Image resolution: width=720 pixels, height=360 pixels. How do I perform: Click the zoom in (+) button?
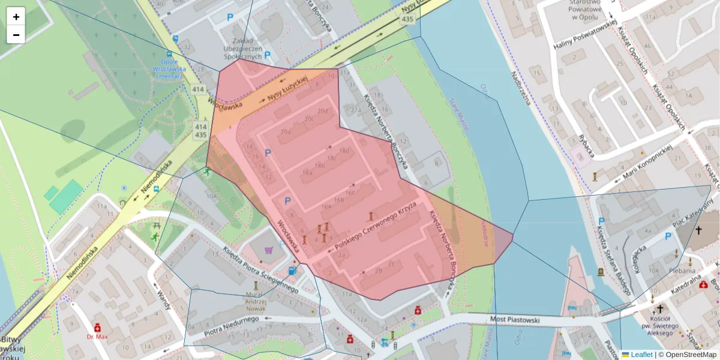[x=16, y=17]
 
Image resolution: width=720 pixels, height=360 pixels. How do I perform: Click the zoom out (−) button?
[x=16, y=35]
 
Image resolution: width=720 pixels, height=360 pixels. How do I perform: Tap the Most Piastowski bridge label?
[x=515, y=320]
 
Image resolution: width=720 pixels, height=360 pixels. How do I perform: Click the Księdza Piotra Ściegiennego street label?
[x=260, y=270]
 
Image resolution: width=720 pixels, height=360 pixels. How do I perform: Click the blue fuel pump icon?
[x=292, y=271]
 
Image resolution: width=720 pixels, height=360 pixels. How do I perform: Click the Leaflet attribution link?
[x=641, y=355]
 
